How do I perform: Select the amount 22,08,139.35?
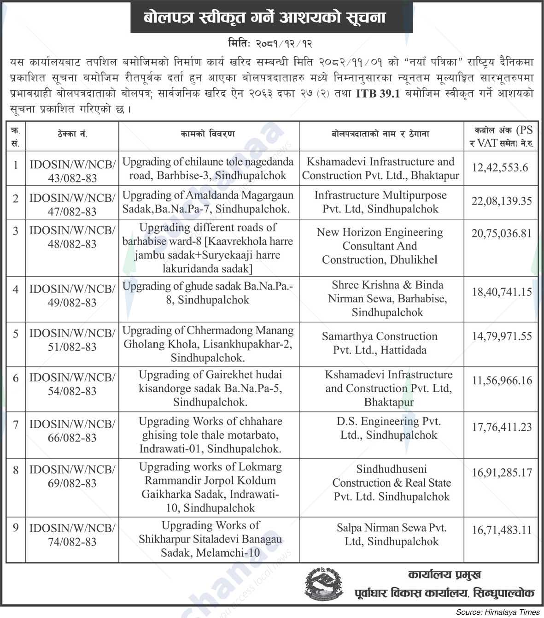502,201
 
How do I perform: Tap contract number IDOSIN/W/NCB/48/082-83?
72,237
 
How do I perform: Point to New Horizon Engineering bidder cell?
380,246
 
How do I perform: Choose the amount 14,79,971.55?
502,336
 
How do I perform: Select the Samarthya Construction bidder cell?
380,343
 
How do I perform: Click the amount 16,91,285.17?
502,473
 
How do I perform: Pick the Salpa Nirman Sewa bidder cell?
392,535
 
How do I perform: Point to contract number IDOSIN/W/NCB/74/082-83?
72,535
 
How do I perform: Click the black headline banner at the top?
271,18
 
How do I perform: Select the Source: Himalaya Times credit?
498,612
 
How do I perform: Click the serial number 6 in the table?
16,378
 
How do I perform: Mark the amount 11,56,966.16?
502,381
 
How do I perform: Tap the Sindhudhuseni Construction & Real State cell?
392,483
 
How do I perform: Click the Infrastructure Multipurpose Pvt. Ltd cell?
380,202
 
